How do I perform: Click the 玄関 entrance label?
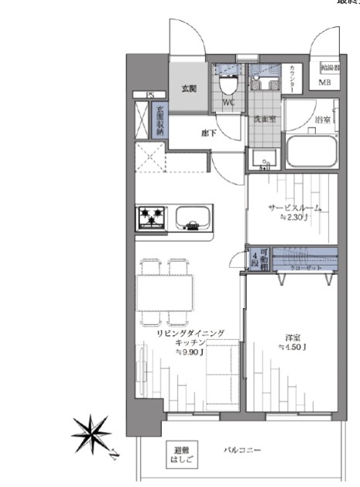pos(189,89)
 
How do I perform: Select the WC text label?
pos(229,103)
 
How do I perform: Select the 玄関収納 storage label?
pos(160,121)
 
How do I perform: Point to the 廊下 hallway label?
pos(208,133)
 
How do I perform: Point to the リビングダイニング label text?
pos(190,334)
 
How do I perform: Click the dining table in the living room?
pos(163,292)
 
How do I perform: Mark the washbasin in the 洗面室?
pos(264,159)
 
